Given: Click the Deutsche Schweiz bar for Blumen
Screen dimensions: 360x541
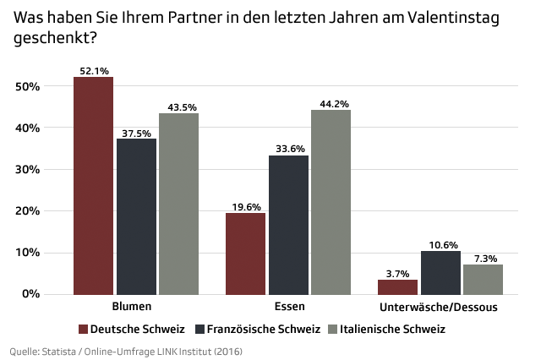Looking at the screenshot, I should click(x=93, y=185).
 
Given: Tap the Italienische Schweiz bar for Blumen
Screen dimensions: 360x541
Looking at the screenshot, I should click(x=178, y=203).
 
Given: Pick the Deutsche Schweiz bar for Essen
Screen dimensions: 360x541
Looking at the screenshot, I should click(x=245, y=253).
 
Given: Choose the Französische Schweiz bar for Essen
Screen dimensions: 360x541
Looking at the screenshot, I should click(x=288, y=224).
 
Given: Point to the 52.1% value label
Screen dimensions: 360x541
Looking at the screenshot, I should click(x=92, y=71).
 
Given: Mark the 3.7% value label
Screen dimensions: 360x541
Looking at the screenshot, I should click(x=397, y=273).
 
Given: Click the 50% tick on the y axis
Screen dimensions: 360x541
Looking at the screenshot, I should click(x=28, y=86).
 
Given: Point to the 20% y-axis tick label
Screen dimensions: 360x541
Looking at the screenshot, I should click(x=28, y=210).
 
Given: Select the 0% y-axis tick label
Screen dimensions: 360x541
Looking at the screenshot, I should click(x=31, y=293).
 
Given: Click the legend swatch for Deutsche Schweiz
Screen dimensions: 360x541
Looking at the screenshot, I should click(x=83, y=329).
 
